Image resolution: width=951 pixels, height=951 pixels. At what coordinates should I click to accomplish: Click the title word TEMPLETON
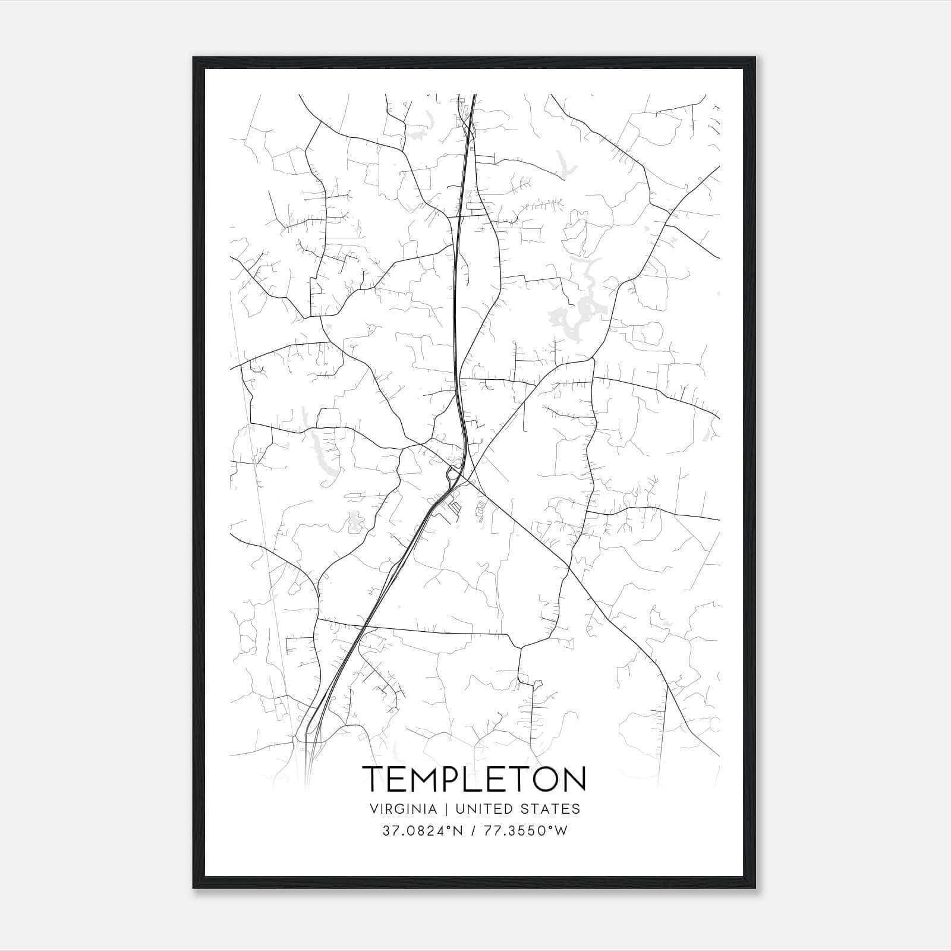point(474,779)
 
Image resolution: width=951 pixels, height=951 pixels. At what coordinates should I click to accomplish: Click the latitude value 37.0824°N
point(422,830)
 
